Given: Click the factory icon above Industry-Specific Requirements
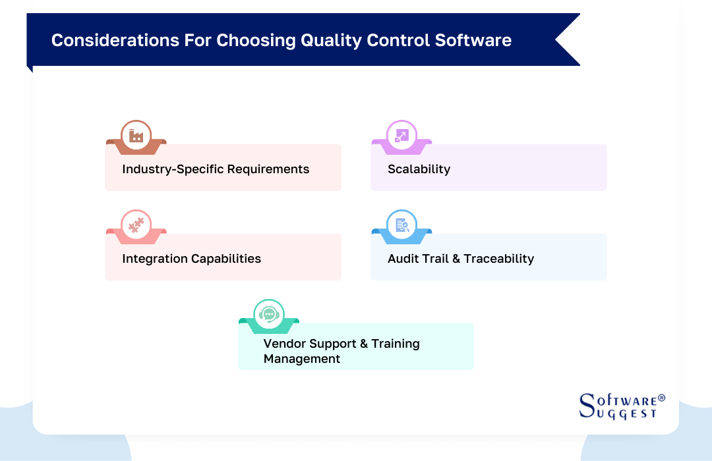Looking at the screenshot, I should (136, 136).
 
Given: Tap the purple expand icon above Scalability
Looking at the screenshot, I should (401, 136).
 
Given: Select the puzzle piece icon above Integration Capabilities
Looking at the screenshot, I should (136, 225).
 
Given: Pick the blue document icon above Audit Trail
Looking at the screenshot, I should (401, 225).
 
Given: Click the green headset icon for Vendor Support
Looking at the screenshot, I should (269, 315).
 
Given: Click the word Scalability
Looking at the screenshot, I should (419, 169).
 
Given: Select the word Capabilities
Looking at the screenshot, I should (225, 259).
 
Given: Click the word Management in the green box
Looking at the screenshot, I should (302, 359).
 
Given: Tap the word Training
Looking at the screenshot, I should (395, 344).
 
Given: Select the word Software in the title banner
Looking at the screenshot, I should (473, 40).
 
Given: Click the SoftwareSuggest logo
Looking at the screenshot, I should (618, 406).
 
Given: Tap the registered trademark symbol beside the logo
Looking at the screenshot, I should (661, 398).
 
